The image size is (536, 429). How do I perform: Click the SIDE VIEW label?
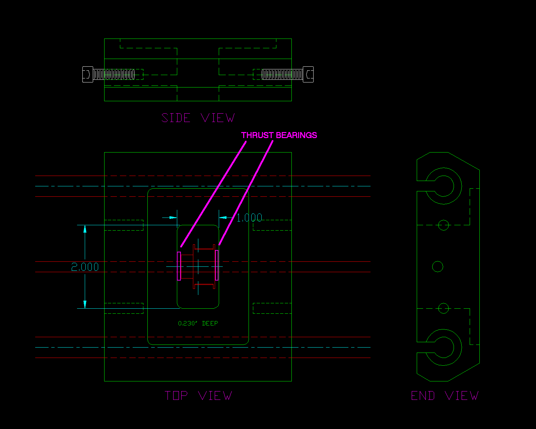(198, 118)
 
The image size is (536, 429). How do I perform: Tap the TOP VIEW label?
(198, 396)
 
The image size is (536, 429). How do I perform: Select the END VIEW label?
(445, 396)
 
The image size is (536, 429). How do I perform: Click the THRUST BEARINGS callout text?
(279, 135)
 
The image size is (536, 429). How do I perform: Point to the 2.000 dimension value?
(85, 267)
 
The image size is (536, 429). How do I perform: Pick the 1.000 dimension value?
(249, 218)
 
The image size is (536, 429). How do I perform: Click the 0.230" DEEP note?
(198, 323)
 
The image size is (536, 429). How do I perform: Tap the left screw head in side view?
(88, 74)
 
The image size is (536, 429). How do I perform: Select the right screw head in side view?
(308, 74)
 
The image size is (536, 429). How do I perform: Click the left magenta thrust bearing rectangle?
(179, 266)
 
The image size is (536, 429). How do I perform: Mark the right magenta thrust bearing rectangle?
(217, 265)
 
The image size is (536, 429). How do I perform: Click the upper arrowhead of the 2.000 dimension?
(85, 229)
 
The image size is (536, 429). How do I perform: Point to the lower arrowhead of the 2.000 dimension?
(85, 304)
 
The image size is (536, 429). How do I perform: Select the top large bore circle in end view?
(444, 186)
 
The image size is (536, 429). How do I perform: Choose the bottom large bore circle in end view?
(444, 347)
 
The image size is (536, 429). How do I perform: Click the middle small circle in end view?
(438, 266)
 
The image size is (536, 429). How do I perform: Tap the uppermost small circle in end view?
(444, 225)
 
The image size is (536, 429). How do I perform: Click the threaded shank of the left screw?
(114, 74)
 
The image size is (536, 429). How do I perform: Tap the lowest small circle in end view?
(444, 308)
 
